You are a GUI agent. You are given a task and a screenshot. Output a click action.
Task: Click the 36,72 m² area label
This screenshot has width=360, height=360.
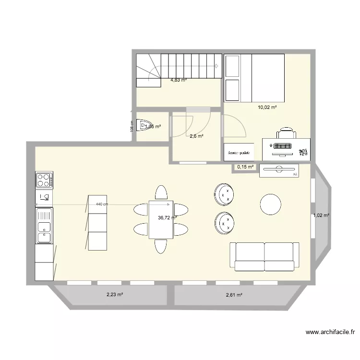point(168,217)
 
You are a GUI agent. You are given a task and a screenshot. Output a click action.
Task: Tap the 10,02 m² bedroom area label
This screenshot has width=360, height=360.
point(267,108)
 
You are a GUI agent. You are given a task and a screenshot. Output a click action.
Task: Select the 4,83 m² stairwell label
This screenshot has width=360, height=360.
point(179,80)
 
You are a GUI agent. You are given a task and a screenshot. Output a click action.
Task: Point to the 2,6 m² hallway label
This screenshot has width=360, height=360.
point(196,136)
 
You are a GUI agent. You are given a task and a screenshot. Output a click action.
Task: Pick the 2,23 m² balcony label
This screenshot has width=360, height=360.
point(115,295)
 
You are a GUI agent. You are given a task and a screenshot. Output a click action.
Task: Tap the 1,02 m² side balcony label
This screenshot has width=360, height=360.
point(321,216)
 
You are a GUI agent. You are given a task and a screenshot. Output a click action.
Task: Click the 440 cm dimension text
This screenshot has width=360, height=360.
point(102,204)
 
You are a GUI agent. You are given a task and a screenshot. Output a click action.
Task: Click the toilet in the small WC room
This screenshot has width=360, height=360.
point(144,126)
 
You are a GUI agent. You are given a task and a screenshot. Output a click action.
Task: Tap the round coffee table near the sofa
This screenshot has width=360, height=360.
point(271,204)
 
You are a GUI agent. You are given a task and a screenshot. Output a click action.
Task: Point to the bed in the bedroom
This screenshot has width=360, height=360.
point(254,78)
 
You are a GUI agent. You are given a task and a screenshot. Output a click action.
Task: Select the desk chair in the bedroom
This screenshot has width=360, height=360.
point(287,132)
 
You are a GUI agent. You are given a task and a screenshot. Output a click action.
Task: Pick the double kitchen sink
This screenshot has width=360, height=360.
point(44,226)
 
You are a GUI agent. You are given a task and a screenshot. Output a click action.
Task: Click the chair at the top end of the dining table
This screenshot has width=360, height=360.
point(161,192)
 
